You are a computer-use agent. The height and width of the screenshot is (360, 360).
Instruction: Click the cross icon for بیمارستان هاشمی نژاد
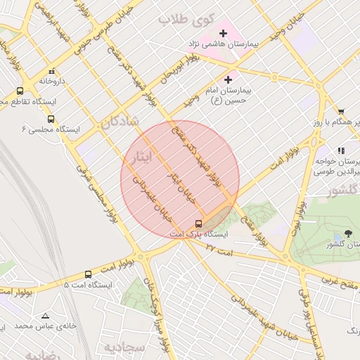[x=224, y=33]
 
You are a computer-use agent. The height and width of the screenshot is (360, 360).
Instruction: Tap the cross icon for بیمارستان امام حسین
[x=228, y=80]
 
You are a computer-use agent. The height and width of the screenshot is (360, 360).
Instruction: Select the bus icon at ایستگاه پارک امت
[x=198, y=224]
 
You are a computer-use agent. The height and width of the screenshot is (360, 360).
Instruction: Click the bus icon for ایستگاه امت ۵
[x=88, y=275]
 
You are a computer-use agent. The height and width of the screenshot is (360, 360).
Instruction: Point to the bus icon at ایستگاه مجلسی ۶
[x=50, y=119]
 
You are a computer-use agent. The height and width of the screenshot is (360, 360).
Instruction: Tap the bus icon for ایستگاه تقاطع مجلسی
[x=19, y=91]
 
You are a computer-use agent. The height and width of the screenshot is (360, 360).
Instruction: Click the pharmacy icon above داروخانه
[x=51, y=71]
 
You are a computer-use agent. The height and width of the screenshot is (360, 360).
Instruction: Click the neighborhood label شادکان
[x=120, y=122]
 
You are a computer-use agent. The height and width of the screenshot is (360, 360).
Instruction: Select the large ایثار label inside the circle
[x=139, y=157]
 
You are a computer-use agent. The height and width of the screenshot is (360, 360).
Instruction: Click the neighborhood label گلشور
[x=344, y=191]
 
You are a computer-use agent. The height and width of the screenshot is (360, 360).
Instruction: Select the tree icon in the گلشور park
[x=348, y=235]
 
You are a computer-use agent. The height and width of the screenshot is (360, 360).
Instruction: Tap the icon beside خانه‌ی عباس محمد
[x=46, y=316]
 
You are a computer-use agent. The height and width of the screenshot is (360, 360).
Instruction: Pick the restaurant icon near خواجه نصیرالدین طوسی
[x=341, y=150]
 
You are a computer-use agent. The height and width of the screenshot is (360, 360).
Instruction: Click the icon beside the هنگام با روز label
[x=341, y=111]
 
